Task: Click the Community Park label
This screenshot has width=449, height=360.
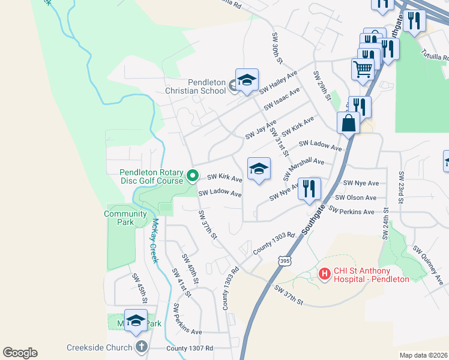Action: pos(125,218)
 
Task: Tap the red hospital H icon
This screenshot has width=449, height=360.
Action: pos(325,274)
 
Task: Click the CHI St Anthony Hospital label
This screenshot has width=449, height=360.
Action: pos(372,275)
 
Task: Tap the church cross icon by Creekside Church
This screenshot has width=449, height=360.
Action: pos(141,347)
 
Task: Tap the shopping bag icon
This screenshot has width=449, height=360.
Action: pos(349,123)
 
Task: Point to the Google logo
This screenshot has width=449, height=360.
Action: pos(20,353)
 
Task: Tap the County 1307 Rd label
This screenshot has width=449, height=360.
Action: pos(190,348)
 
